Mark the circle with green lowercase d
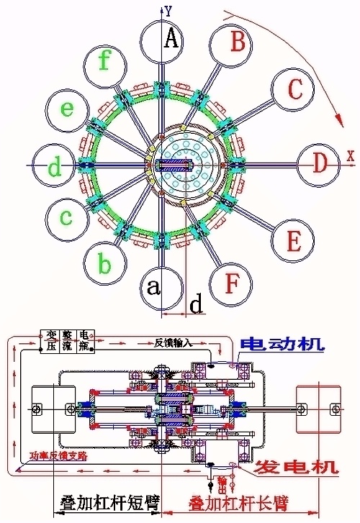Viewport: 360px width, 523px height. [53, 166]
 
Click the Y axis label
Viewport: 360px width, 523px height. [167, 11]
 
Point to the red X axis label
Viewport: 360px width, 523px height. [350, 155]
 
